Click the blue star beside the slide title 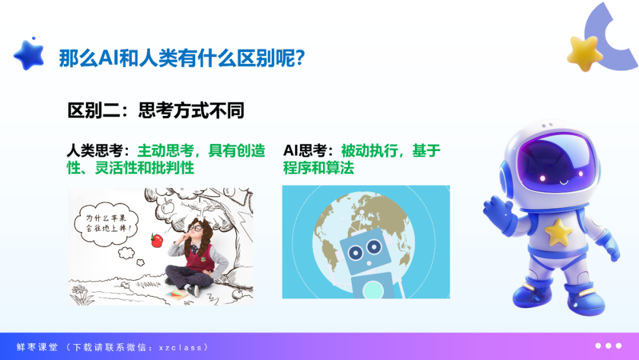coord(29,55)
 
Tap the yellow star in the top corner coord(585,53)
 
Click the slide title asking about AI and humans coord(182,58)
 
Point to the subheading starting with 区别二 coord(156,111)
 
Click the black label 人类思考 coord(95,151)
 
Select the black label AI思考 coord(305,151)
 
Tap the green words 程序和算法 coord(319,168)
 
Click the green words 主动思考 coord(166,151)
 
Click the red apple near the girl coord(157,240)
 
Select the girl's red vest coord(201,257)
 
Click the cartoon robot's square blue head coord(365,250)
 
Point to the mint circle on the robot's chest coord(372,290)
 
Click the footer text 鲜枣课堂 coord(37,347)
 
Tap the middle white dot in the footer coord(608,346)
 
